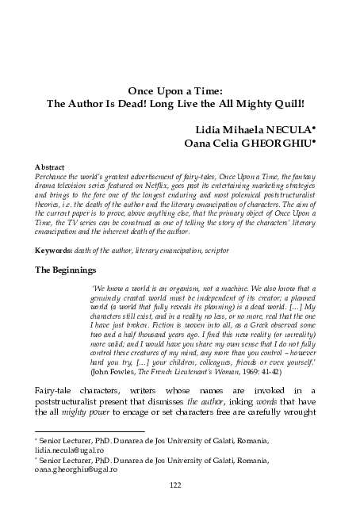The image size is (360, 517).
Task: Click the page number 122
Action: coord(180,486)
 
